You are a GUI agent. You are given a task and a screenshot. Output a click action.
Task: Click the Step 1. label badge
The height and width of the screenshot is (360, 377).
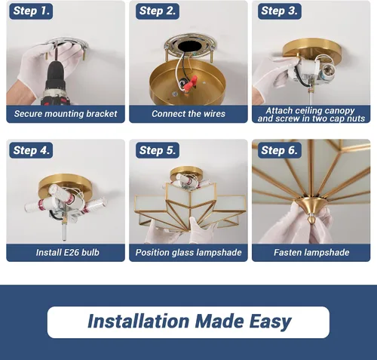[31, 11]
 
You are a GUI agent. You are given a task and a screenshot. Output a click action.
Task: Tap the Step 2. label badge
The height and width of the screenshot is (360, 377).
[158, 11]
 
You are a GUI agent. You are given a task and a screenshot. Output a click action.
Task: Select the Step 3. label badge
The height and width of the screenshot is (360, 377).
[280, 11]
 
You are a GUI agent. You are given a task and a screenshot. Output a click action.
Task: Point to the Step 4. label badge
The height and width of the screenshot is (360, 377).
[31, 150]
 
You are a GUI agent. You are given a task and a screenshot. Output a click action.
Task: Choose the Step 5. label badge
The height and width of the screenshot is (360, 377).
[158, 150]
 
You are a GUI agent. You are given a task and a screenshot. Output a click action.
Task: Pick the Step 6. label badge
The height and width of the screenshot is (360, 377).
[280, 150]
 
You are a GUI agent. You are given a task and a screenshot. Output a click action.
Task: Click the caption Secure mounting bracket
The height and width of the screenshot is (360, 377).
[66, 114]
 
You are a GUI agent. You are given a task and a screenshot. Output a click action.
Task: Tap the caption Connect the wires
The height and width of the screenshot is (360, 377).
[188, 114]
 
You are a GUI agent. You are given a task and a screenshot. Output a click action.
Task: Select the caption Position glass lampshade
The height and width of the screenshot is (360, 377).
[188, 252]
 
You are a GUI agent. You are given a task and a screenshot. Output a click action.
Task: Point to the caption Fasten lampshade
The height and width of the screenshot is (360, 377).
[311, 252]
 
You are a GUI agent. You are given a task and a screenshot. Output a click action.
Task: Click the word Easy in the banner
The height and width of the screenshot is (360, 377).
[270, 322]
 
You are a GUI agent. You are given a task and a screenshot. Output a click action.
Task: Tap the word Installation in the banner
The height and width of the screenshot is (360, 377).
[138, 321]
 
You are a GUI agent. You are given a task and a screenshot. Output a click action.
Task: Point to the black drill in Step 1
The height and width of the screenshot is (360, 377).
[56, 83]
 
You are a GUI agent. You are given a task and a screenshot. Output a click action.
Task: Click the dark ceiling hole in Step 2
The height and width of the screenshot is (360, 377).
[189, 47]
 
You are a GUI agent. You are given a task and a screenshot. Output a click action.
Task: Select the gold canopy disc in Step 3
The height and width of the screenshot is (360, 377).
[311, 49]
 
